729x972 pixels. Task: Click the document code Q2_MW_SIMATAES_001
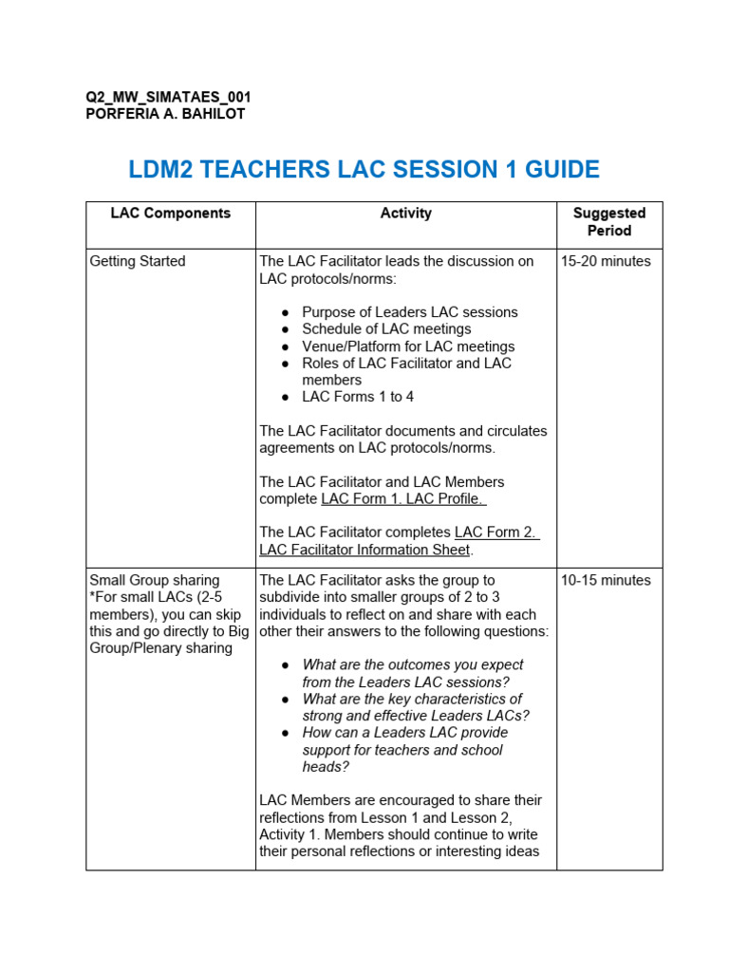point(168,98)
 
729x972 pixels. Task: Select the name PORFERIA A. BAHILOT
point(165,114)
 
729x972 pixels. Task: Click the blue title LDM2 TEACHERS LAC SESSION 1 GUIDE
point(364,170)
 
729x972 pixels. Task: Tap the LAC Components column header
point(170,214)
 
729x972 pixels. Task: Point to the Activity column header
point(405,214)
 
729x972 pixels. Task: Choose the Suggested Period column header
point(608,222)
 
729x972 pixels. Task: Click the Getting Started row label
point(137,261)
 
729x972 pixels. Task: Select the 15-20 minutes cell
point(606,261)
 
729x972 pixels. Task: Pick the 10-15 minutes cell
point(606,580)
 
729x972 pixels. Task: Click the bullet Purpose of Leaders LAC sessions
point(409,312)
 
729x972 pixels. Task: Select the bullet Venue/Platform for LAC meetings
point(408,346)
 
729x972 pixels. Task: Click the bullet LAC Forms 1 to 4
point(358,397)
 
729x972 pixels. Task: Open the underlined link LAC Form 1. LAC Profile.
point(403,499)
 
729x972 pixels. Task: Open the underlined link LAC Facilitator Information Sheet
point(365,550)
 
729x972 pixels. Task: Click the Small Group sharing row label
point(154,580)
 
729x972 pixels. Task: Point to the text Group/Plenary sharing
point(160,648)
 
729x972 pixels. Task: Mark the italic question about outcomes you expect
point(412,673)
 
